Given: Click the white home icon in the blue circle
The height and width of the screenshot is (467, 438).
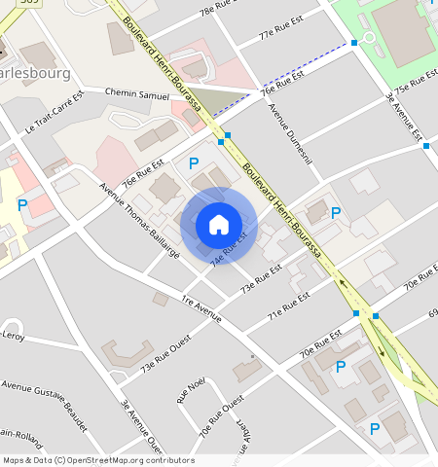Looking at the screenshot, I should click(x=219, y=225).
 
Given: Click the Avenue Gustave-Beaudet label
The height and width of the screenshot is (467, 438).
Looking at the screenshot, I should click(x=45, y=407).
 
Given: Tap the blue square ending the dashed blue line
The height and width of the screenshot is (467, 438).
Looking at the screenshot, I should click(x=354, y=43).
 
